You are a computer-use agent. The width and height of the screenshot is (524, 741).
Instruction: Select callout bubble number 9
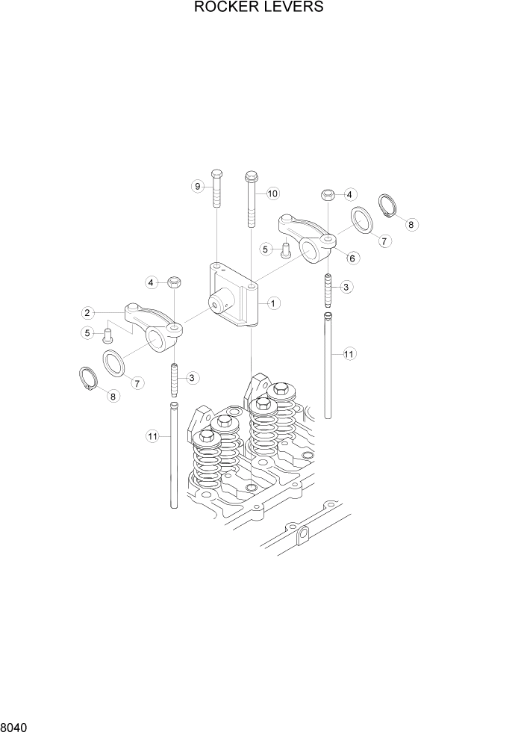click(x=198, y=186)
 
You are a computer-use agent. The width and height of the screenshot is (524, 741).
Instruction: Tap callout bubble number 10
click(x=272, y=193)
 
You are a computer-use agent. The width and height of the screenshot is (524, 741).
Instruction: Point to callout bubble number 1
click(x=274, y=303)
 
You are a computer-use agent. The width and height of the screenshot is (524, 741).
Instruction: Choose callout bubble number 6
click(x=352, y=258)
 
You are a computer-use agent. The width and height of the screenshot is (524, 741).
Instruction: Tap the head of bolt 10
click(x=251, y=177)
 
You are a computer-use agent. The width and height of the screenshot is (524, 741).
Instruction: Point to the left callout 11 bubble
click(x=153, y=436)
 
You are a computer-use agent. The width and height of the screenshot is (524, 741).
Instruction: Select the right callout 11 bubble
click(x=349, y=354)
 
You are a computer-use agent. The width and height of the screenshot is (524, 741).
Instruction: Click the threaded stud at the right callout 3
click(x=327, y=288)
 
